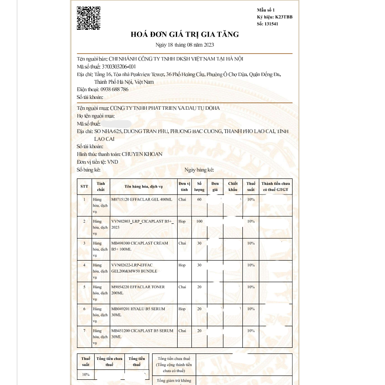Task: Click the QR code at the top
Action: tap(89, 18)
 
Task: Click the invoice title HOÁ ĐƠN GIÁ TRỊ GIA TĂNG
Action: tap(185, 35)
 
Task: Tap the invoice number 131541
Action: tap(271, 24)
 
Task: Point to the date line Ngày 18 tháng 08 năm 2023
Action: tap(185, 45)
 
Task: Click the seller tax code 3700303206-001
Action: tap(118, 67)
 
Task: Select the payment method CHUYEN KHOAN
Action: tap(142, 154)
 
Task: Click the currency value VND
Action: tap(113, 162)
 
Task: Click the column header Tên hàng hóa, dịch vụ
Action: tap(143, 186)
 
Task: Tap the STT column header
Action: tap(84, 186)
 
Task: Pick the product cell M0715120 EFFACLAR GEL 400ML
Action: tap(142, 200)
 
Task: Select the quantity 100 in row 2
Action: tap(199, 221)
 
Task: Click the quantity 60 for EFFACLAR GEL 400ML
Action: tap(199, 200)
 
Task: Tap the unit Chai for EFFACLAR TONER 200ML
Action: tap(182, 287)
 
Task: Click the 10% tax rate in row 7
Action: tap(251, 331)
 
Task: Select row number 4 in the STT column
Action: tap(84, 265)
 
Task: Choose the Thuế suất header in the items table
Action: tap(251, 186)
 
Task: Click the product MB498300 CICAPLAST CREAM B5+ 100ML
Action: tap(140, 246)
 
